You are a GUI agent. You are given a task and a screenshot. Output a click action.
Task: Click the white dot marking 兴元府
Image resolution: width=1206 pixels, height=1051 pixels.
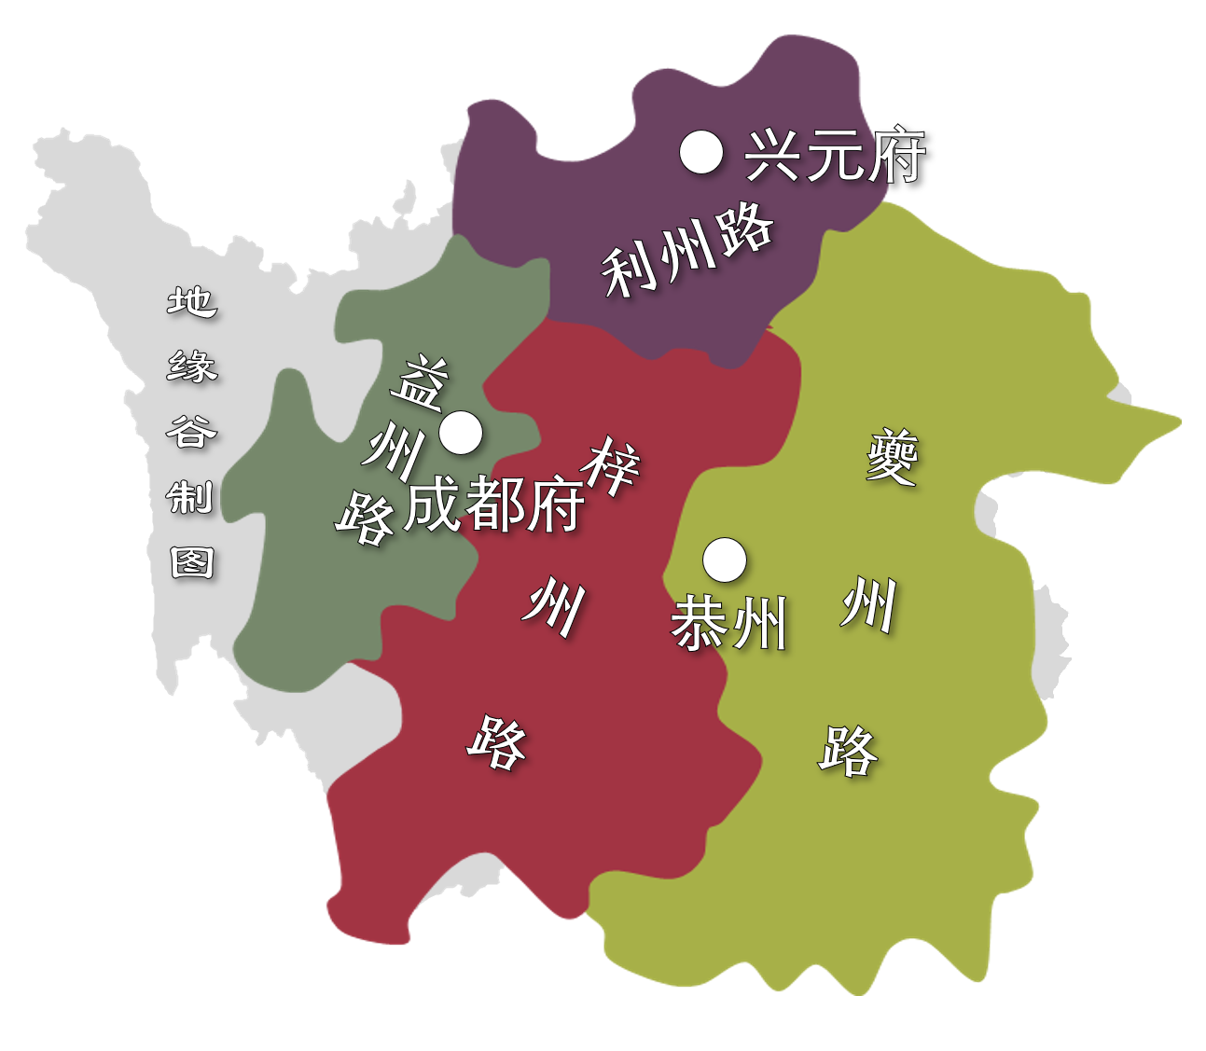(701, 152)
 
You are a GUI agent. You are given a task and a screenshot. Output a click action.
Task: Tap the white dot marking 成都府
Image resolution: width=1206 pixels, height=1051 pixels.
(461, 433)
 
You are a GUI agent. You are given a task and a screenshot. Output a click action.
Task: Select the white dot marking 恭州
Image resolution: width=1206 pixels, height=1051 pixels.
(725, 560)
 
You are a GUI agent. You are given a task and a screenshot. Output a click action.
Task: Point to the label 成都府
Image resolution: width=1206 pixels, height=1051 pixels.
(494, 505)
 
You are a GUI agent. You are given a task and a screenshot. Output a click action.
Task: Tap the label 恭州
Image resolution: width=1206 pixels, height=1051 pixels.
(730, 623)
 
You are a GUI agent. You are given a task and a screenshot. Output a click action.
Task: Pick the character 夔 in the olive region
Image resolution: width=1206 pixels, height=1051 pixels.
(892, 457)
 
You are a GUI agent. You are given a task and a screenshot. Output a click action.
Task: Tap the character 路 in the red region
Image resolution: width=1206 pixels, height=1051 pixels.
(497, 742)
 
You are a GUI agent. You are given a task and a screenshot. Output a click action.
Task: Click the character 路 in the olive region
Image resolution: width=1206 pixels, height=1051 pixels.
(849, 750)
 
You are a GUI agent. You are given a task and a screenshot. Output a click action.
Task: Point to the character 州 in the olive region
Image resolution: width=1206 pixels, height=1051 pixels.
(869, 604)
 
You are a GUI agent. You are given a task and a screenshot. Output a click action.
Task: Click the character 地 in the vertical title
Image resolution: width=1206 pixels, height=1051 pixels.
(192, 301)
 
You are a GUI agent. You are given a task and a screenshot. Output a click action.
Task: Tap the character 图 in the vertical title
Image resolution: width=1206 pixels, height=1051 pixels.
(192, 562)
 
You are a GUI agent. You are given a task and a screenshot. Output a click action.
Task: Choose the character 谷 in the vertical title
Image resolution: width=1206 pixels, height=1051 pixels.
(191, 432)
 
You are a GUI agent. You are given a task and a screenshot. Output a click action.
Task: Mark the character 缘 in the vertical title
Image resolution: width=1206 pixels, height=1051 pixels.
(192, 366)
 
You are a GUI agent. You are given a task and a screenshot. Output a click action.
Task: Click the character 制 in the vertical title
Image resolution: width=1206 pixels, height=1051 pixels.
(191, 497)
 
